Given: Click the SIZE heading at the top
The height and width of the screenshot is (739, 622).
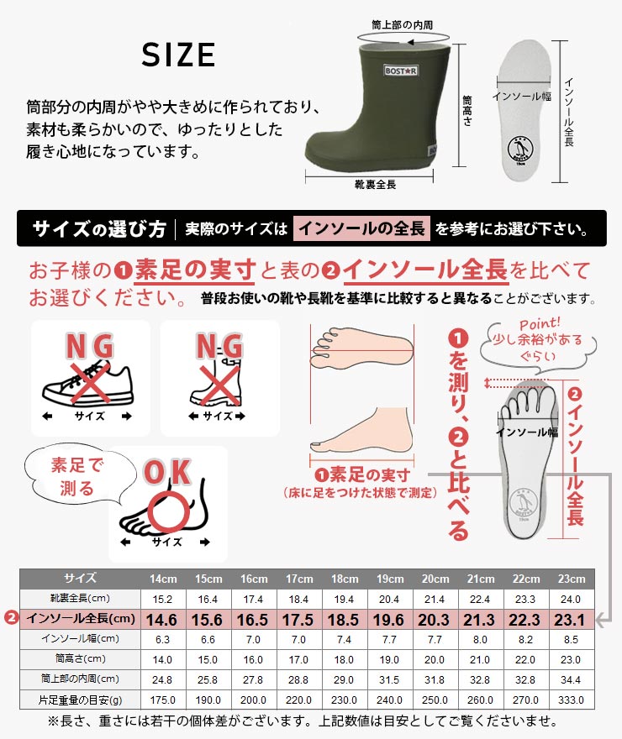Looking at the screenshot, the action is [178, 55].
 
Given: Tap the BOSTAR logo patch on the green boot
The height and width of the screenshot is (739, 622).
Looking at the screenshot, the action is [400, 71].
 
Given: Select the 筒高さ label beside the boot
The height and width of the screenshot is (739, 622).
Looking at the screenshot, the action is [466, 110].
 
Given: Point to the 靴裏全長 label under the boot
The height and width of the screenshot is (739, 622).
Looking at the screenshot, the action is [375, 185].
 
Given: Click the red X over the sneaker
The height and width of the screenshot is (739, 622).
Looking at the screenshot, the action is [88, 383].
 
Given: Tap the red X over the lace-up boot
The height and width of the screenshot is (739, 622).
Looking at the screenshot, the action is [219, 385].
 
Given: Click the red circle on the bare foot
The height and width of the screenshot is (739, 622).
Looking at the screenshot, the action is [169, 511].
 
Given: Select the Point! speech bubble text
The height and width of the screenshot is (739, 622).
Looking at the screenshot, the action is [538, 339].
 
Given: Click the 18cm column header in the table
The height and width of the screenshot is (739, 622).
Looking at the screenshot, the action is [345, 579].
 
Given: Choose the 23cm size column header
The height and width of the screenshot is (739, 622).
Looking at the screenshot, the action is [571, 579].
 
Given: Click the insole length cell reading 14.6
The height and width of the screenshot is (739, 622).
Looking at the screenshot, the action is [161, 620].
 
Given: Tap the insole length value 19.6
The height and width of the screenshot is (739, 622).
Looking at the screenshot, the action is [388, 620].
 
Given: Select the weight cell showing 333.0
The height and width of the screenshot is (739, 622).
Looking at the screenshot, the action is [571, 700].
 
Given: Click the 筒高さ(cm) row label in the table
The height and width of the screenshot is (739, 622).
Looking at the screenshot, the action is [80, 659].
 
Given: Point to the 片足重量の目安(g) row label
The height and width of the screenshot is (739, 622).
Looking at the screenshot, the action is [80, 700].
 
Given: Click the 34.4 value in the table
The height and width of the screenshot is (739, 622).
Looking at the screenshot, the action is [571, 680].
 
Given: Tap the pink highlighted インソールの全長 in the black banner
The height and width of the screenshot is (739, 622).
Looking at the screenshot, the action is [361, 228].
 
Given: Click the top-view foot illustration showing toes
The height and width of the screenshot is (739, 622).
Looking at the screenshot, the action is [361, 348].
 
